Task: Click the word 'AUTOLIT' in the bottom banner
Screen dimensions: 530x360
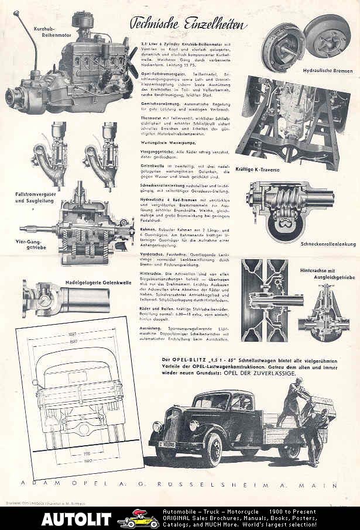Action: (76, 518)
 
